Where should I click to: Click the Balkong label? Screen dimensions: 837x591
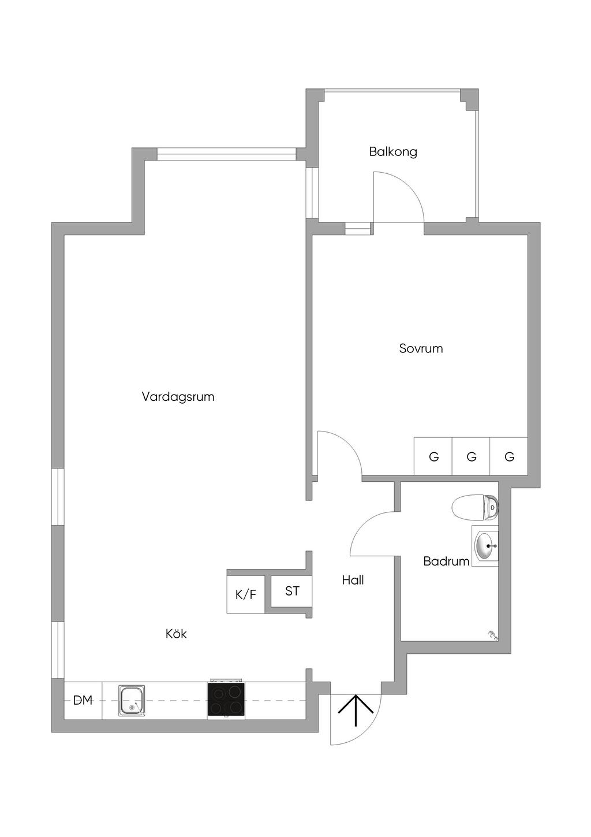click(x=393, y=152)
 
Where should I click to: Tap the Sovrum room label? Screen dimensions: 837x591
click(x=421, y=348)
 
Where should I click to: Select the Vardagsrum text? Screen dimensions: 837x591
click(x=178, y=397)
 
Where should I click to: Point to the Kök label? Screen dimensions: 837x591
click(x=176, y=634)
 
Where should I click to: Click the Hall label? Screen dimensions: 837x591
click(x=353, y=580)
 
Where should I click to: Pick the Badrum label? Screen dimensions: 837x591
click(x=446, y=561)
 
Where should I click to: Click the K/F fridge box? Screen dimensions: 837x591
click(x=246, y=594)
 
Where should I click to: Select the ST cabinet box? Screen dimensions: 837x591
click(x=292, y=591)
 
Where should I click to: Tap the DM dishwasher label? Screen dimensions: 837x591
click(x=83, y=700)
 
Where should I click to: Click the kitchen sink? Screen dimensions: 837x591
click(x=132, y=700)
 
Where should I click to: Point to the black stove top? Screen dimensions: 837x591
click(x=226, y=700)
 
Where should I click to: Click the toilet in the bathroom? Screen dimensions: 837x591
click(x=475, y=507)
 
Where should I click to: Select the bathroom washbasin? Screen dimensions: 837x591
click(x=484, y=545)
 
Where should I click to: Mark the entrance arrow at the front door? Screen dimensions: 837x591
click(x=355, y=710)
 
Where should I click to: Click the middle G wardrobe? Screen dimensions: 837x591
click(x=471, y=456)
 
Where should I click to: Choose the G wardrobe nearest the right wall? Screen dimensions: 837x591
click(x=509, y=456)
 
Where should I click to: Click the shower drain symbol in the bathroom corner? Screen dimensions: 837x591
click(x=492, y=635)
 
